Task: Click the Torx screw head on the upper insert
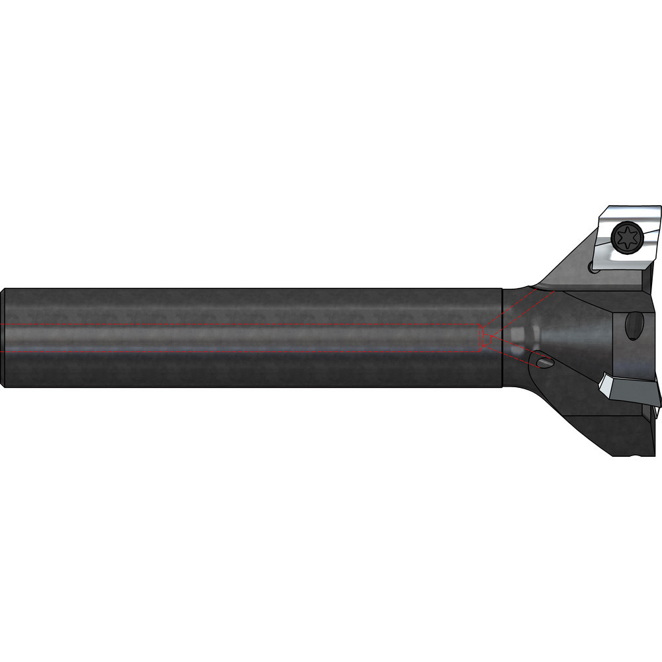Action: pyautogui.click(x=626, y=237)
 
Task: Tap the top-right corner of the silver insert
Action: pyautogui.click(x=661, y=207)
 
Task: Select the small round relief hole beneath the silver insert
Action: pyautogui.click(x=592, y=267)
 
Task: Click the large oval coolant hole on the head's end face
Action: pyautogui.click(x=634, y=325)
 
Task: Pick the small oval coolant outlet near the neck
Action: pyautogui.click(x=544, y=362)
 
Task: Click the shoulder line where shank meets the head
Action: pyautogui.click(x=502, y=338)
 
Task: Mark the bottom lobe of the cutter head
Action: pyautogui.click(x=629, y=437)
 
